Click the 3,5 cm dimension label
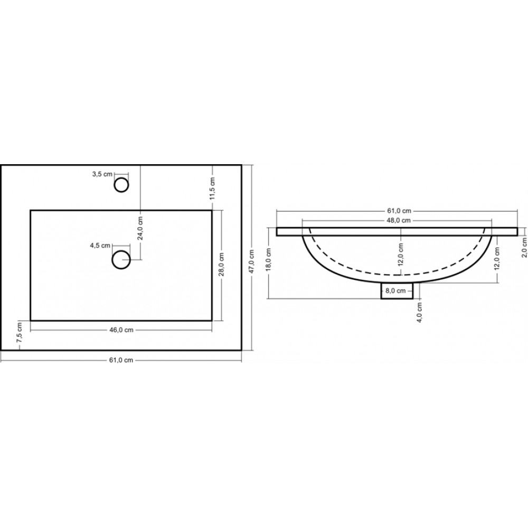tap(102, 174)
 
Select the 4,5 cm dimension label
tap(100, 246)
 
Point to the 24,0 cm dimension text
tap(140, 228)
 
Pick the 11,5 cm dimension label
tap(212, 188)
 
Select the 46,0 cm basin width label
tap(121, 330)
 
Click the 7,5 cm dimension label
tap(19, 333)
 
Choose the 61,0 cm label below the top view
tap(121, 360)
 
